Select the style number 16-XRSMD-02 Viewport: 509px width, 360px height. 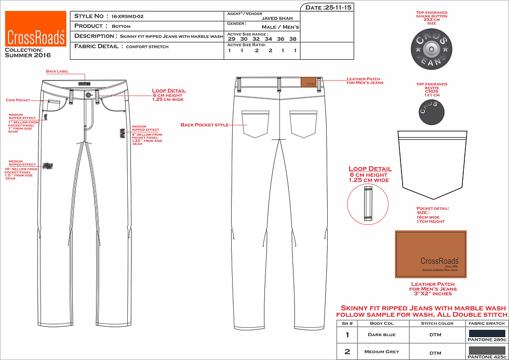pos(127,16)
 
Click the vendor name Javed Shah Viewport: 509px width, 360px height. pos(280,18)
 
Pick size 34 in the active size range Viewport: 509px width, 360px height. pos(268,39)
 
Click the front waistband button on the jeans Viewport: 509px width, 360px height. pos(89,95)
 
